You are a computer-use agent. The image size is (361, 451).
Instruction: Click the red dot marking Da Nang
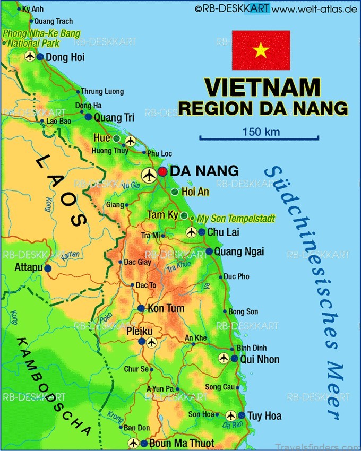162,172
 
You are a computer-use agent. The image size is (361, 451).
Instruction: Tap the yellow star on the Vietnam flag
261,50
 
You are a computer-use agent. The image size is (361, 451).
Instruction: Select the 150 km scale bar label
261,132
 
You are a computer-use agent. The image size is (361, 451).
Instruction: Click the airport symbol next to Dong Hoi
30,57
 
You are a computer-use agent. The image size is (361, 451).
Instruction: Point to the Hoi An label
195,192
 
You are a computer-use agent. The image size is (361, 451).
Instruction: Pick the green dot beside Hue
116,138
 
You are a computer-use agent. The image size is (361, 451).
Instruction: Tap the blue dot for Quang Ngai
209,251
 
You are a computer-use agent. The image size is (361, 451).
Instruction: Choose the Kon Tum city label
166,309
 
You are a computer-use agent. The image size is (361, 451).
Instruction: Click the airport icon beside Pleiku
152,342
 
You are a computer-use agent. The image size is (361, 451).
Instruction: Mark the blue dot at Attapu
48,268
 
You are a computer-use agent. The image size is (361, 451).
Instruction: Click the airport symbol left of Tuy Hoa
230,415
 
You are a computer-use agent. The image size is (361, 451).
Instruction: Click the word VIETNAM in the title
262,87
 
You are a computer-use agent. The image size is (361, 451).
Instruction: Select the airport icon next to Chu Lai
192,232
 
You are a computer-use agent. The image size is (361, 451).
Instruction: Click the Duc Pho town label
237,277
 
